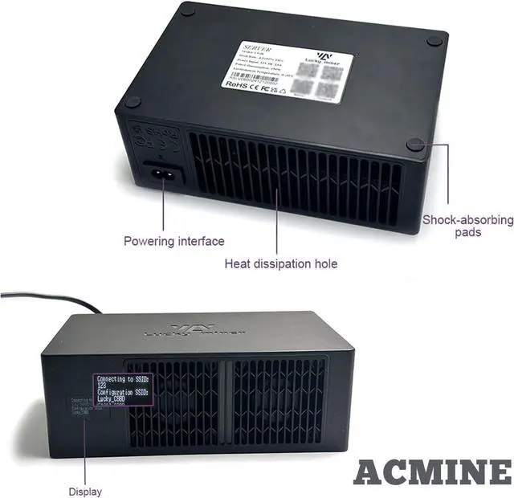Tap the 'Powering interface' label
[173, 240]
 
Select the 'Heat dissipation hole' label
[280, 263]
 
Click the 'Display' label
[84, 490]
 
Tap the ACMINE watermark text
[431, 473]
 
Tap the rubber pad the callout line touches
[415, 144]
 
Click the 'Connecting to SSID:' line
[123, 378]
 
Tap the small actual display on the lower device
[81, 406]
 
